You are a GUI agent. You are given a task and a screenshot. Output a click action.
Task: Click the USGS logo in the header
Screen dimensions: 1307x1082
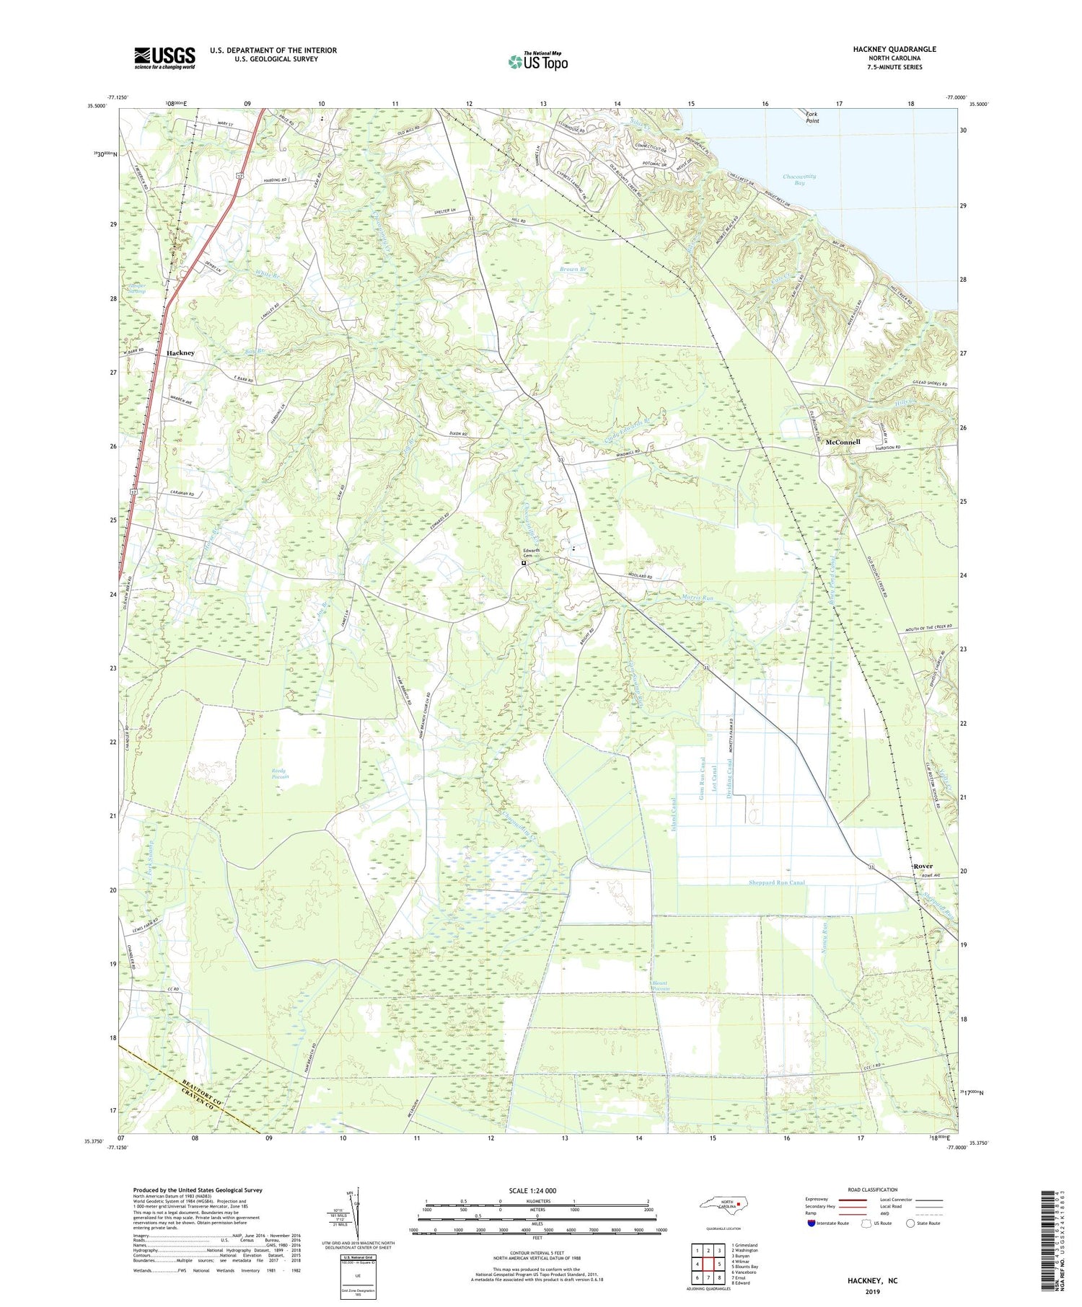click(164, 58)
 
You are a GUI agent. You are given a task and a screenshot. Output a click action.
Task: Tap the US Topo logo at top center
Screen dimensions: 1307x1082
click(537, 62)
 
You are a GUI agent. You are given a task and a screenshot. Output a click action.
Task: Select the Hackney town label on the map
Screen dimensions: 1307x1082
click(180, 353)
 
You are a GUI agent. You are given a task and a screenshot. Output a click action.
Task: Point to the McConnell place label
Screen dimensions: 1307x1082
click(843, 441)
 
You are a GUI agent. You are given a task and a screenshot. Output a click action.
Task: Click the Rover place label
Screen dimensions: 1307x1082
click(923, 866)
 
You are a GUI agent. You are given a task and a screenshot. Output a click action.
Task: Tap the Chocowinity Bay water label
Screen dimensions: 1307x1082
click(799, 180)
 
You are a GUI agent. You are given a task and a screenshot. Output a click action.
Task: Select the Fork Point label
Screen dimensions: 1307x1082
click(812, 117)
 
